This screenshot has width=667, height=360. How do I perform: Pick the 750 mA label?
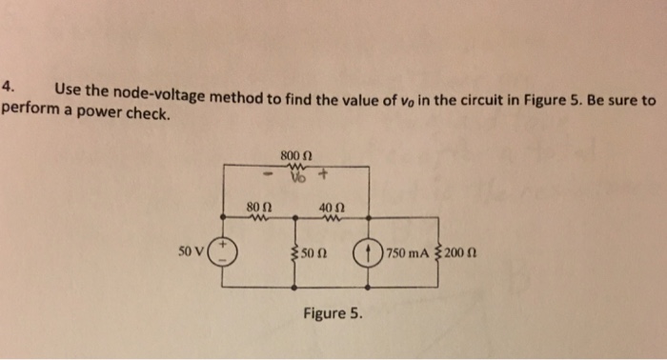(407, 254)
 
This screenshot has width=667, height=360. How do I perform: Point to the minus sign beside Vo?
(269, 176)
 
